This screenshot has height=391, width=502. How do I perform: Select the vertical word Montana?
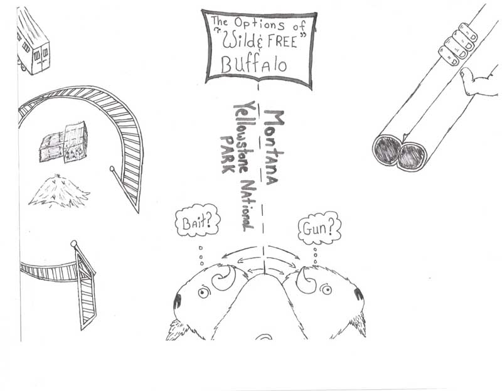click(273, 148)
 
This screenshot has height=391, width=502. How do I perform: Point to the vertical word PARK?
click(228, 154)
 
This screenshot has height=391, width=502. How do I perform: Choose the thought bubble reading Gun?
click(319, 228)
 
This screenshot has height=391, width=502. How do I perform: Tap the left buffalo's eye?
click(203, 292)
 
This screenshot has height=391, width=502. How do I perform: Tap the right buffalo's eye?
click(326, 289)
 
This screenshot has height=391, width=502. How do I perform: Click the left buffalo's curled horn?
click(226, 278)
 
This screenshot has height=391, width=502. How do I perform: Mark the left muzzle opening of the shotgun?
click(387, 150)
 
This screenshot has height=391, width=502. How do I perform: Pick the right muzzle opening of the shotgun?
click(412, 156)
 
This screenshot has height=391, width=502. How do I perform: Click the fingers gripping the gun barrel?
click(458, 44)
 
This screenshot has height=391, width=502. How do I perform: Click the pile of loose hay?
click(60, 191)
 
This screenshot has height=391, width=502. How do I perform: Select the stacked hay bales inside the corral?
click(64, 142)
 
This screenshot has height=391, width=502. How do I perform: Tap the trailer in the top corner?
click(33, 41)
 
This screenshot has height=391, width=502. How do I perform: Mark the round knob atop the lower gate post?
click(74, 244)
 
